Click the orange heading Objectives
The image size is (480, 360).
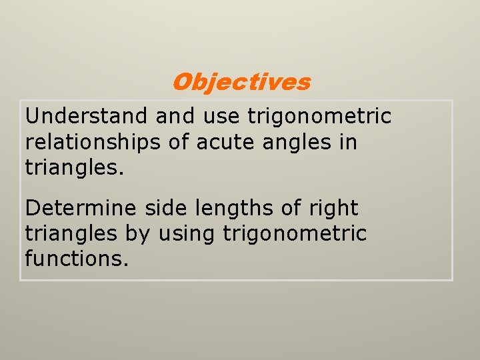point(241,82)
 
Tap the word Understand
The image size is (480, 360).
point(87,116)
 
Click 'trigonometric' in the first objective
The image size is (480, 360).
point(319,116)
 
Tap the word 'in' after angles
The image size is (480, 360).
point(349,141)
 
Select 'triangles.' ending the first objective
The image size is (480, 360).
point(75,167)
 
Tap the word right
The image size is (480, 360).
point(333,209)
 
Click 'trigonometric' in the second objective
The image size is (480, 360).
point(295,234)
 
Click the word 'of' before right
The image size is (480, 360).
point(291,208)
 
